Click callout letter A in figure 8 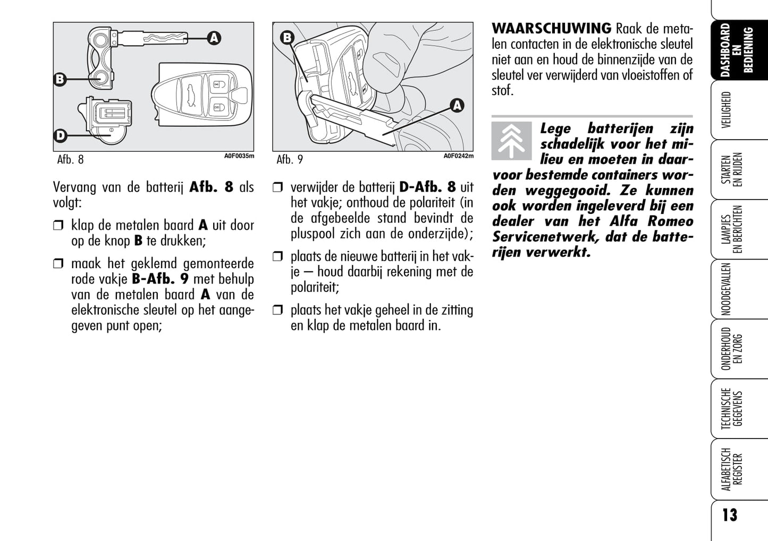tap(214, 38)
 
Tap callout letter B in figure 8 tap(60, 80)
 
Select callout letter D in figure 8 tap(60, 136)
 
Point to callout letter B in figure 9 tap(287, 38)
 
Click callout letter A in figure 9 tap(457, 106)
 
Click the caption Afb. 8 tap(70, 159)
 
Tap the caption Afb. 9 tap(290, 159)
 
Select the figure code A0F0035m tap(239, 156)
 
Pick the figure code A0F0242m tap(458, 156)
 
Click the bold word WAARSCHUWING tap(551, 28)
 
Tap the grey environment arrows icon tap(511, 141)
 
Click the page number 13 tap(730, 515)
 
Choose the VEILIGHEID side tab tap(727, 110)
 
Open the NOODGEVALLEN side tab tap(727, 289)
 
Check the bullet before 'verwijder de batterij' tap(277, 187)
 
